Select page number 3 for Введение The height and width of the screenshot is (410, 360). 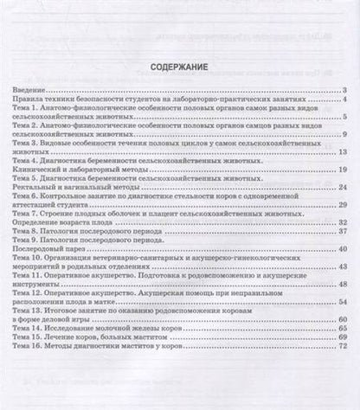click(x=345, y=91)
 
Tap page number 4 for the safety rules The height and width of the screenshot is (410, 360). click(x=345, y=100)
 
